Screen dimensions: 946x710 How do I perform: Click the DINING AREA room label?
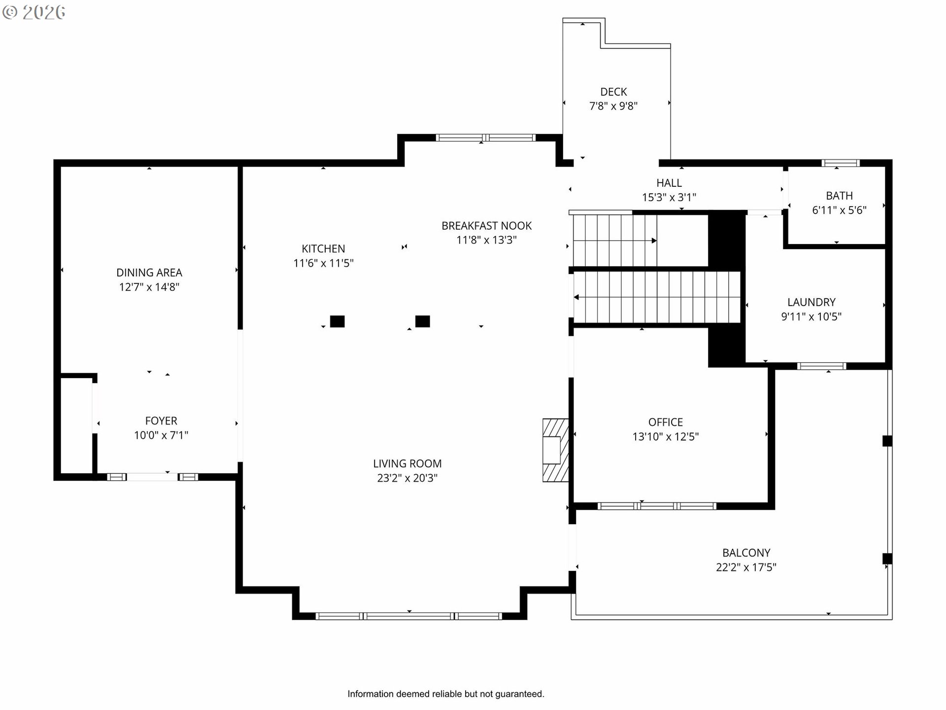tap(149, 273)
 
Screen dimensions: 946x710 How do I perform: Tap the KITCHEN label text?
tap(323, 249)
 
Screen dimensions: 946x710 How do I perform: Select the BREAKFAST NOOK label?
tap(486, 226)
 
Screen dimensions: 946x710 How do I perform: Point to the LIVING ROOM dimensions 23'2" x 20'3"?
tap(407, 478)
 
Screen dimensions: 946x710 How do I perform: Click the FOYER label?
tap(161, 421)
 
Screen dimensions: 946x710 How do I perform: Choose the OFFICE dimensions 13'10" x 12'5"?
tap(666, 436)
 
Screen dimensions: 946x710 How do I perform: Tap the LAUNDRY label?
tap(811, 302)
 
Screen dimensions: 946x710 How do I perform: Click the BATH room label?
tap(839, 196)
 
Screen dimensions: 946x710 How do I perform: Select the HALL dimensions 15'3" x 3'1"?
tap(669, 197)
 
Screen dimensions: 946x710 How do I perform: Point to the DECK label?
tap(613, 92)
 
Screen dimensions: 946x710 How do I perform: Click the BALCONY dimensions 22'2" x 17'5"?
tap(746, 567)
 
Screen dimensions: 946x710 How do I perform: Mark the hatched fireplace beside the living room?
tap(555, 450)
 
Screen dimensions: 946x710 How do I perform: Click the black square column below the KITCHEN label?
tap(337, 321)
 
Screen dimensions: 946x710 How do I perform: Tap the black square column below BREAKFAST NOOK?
tap(422, 321)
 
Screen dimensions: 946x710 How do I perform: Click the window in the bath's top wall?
tap(841, 163)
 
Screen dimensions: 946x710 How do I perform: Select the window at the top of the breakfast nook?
tap(486, 138)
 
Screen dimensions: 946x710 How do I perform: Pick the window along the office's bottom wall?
tap(657, 506)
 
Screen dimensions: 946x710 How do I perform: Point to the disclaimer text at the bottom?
tap(446, 694)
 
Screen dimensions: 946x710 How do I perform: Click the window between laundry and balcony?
tap(821, 366)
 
